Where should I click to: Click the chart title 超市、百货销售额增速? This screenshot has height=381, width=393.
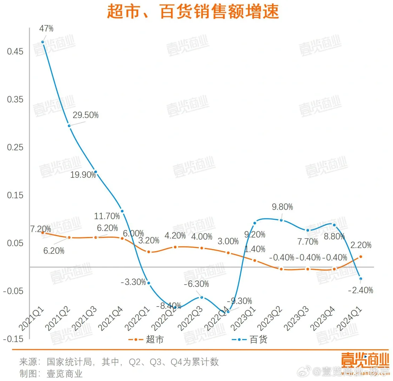tap(193, 12)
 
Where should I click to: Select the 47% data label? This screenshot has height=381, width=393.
tap(47, 29)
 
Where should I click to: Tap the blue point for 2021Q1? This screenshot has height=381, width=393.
tap(43, 42)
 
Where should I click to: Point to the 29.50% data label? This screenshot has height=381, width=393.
tap(85, 115)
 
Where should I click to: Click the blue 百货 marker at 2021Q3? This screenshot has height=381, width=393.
tap(96, 172)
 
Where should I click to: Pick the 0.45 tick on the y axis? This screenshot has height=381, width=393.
tap(15, 52)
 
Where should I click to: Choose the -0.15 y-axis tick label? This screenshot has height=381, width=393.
tap(14, 339)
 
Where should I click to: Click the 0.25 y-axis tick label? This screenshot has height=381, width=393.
tap(15, 147)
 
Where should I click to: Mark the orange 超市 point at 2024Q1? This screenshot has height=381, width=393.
tap(361, 257)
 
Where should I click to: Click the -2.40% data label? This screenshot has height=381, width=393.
tap(360, 290)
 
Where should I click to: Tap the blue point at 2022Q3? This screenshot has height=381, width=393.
tap(201, 297)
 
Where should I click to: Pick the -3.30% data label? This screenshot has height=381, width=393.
tap(133, 282)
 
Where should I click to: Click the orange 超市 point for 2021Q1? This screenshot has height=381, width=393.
tap(43, 233)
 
